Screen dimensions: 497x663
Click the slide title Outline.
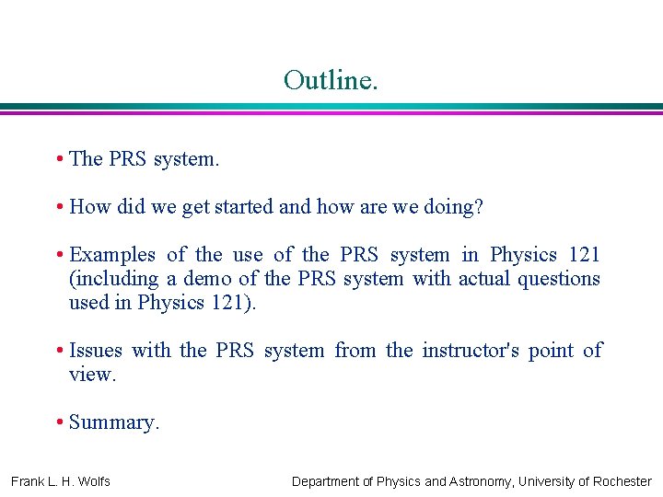331,80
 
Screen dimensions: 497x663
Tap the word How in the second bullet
89,207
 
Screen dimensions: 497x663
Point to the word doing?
453,207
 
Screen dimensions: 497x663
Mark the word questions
561,279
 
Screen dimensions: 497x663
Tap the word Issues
96,351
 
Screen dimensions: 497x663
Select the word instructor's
471,351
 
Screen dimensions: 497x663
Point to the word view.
92,375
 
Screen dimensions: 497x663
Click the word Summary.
114,422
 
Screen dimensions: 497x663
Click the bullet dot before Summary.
59,422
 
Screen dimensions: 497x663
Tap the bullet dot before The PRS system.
59,159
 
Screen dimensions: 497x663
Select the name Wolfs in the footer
93,481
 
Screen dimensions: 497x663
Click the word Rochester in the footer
619,481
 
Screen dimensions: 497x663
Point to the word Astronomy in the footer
482,481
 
